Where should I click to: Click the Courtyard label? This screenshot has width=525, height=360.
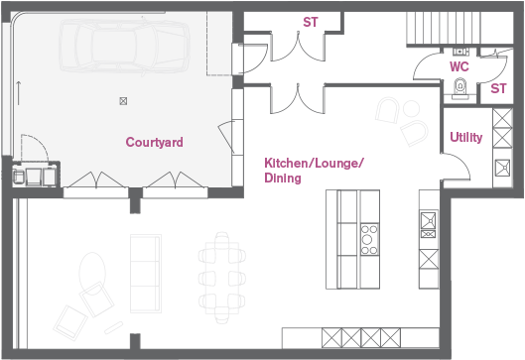coord(155,142)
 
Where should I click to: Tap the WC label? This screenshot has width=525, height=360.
coord(459,66)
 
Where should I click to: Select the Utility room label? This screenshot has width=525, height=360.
coord(466,137)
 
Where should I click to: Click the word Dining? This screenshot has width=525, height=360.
coord(283,178)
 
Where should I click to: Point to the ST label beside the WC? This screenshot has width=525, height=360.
coord(498,88)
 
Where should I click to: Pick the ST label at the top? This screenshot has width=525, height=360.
coord(310,22)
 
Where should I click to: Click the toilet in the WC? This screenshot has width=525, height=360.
coord(460,88)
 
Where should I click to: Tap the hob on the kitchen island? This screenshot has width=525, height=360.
coord(369,240)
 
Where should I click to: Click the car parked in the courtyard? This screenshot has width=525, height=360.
coord(124,46)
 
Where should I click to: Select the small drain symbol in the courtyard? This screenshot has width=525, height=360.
coord(123,101)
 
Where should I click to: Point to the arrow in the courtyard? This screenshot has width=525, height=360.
coord(19,93)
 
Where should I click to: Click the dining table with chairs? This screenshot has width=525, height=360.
coord(222,278)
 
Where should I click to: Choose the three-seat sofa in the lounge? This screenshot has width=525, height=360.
coord(146,274)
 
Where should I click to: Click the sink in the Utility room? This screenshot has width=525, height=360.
coord(502,168)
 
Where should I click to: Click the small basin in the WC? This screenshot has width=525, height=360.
coord(460,52)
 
